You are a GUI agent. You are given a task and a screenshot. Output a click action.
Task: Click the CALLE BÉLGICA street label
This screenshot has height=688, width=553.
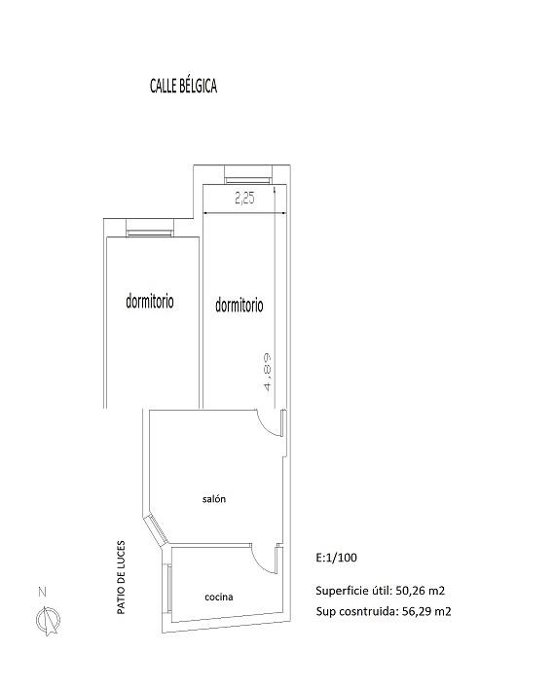tap(183, 86)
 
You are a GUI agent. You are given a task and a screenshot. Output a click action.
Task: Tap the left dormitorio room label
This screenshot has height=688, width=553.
tap(150, 301)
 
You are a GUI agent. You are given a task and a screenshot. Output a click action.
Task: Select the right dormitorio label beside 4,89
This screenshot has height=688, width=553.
tap(240, 305)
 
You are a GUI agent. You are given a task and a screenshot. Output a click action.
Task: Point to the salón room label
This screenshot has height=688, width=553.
tap(214, 499)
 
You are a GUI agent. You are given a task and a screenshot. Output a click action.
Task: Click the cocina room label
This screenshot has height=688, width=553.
tap(218, 597)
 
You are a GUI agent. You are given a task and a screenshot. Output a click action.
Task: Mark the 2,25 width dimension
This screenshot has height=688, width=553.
tap(244, 199)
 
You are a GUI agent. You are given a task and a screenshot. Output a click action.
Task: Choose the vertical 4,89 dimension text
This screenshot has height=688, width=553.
tap(268, 372)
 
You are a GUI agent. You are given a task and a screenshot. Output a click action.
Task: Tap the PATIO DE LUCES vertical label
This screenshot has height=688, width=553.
tap(121, 577)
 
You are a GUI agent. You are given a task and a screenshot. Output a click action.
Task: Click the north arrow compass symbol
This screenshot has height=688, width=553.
tap(48, 620)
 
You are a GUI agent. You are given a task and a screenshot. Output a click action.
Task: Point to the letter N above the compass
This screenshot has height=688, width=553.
tap(43, 592)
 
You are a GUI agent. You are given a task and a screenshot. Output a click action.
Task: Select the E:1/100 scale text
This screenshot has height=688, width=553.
tap(336, 558)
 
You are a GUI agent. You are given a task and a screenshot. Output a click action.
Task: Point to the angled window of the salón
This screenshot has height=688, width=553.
tap(157, 528)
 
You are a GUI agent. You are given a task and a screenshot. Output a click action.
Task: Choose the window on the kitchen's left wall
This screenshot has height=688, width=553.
tap(169, 589)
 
